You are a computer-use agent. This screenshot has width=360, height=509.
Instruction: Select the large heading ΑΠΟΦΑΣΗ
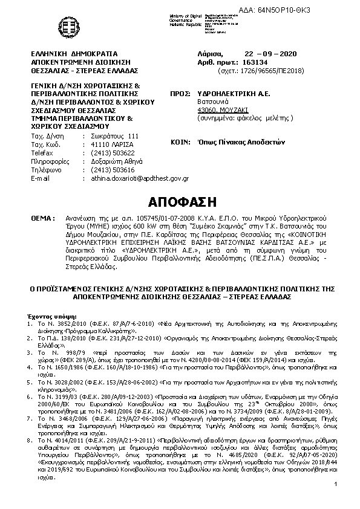click(180, 201)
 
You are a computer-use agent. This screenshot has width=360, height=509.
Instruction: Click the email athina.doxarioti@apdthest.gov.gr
click(136, 178)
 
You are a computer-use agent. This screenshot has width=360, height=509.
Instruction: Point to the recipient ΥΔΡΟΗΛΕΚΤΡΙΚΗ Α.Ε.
click(234, 94)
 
